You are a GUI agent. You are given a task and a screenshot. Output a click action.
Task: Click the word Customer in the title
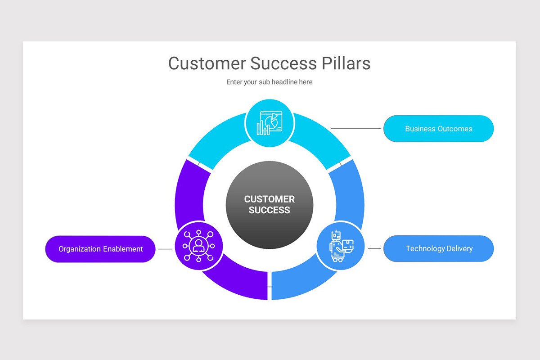(207, 63)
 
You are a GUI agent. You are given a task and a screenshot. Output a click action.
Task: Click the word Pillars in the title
(346, 63)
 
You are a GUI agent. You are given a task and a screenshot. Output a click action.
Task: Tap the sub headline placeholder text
(269, 82)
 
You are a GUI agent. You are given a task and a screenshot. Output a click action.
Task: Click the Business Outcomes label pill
(438, 129)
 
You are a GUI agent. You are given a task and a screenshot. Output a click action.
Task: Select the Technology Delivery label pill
(438, 248)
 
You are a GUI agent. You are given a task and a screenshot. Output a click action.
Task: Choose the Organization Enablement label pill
(100, 249)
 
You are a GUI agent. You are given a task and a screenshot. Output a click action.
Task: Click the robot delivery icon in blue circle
(340, 246)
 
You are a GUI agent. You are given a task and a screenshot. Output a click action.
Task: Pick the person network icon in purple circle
(198, 246)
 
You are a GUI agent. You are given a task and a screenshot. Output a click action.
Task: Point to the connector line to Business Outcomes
(356, 129)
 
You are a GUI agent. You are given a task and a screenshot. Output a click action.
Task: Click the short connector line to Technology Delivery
(374, 248)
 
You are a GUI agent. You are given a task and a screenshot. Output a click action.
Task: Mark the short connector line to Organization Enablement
(165, 249)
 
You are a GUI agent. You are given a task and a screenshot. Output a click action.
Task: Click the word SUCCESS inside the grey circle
(269, 210)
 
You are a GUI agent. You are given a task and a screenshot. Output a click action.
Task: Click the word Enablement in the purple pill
(123, 249)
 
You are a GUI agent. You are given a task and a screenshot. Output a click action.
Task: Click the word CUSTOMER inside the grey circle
(269, 199)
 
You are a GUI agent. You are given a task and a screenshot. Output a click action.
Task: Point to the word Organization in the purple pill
(80, 249)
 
